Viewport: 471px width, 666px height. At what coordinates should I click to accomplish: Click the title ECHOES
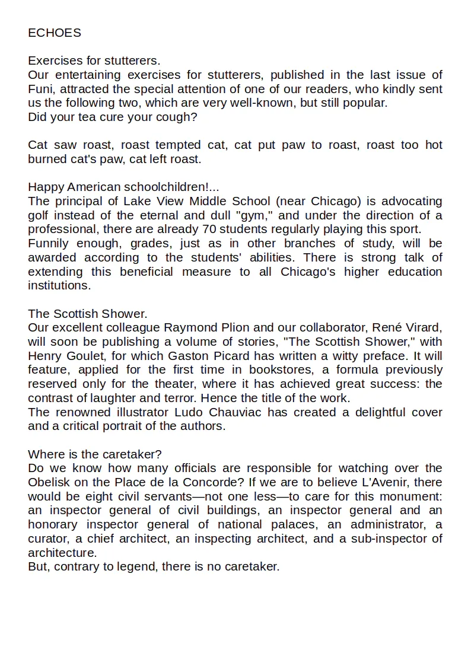(x=55, y=33)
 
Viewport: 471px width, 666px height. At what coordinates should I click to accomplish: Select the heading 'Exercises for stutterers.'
(x=94, y=61)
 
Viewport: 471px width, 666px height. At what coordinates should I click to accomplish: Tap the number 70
(x=209, y=230)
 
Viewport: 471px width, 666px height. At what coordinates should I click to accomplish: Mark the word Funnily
(x=49, y=244)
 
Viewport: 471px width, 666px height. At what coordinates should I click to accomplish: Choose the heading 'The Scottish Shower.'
(x=87, y=314)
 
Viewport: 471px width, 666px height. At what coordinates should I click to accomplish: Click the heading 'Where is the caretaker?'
(x=94, y=454)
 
